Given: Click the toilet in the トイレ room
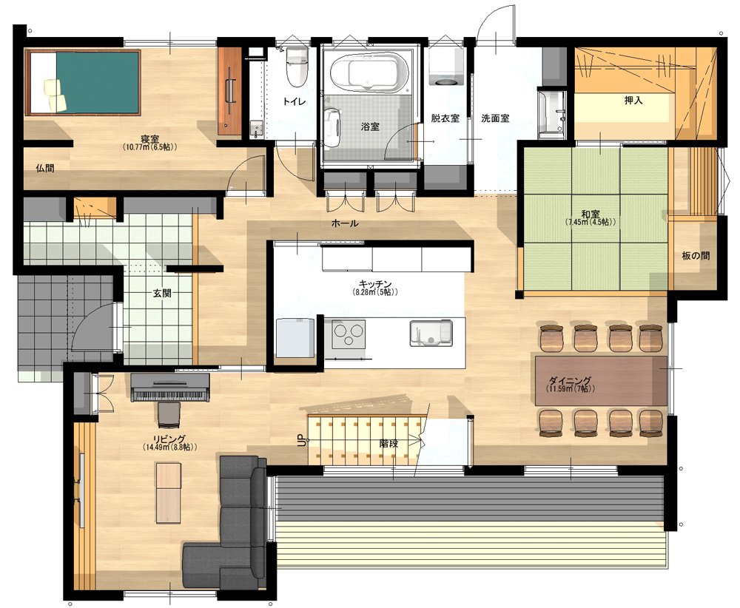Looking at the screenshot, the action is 297,67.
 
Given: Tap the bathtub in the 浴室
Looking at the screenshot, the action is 369,72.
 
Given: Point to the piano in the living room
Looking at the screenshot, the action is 170,388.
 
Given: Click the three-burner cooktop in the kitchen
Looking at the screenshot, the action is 349,334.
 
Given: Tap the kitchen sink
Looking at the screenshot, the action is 431,333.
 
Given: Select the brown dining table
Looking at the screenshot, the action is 601,381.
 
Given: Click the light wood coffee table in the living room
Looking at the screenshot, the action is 169,493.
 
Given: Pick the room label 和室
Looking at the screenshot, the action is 591,215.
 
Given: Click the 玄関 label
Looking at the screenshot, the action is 162,294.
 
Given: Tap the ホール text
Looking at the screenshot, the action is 345,223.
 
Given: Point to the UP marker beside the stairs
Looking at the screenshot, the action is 302,439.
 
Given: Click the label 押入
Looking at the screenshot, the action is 633,101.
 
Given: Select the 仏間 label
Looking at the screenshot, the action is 45,169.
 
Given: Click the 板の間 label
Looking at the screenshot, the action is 696,256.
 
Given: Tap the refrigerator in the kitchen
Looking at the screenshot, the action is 295,338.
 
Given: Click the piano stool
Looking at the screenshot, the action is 169,415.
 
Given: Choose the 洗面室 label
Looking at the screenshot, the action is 495,118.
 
